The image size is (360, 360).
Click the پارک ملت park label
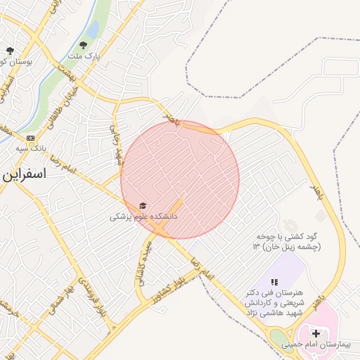[84, 55]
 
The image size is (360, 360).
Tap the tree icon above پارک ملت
[84, 44]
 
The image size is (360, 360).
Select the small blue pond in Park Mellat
[92, 30]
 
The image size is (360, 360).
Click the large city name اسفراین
[25, 175]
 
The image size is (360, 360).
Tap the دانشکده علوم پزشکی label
[143, 217]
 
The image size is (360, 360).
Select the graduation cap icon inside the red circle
[143, 206]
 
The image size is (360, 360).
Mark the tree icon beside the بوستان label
[10, 51]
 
